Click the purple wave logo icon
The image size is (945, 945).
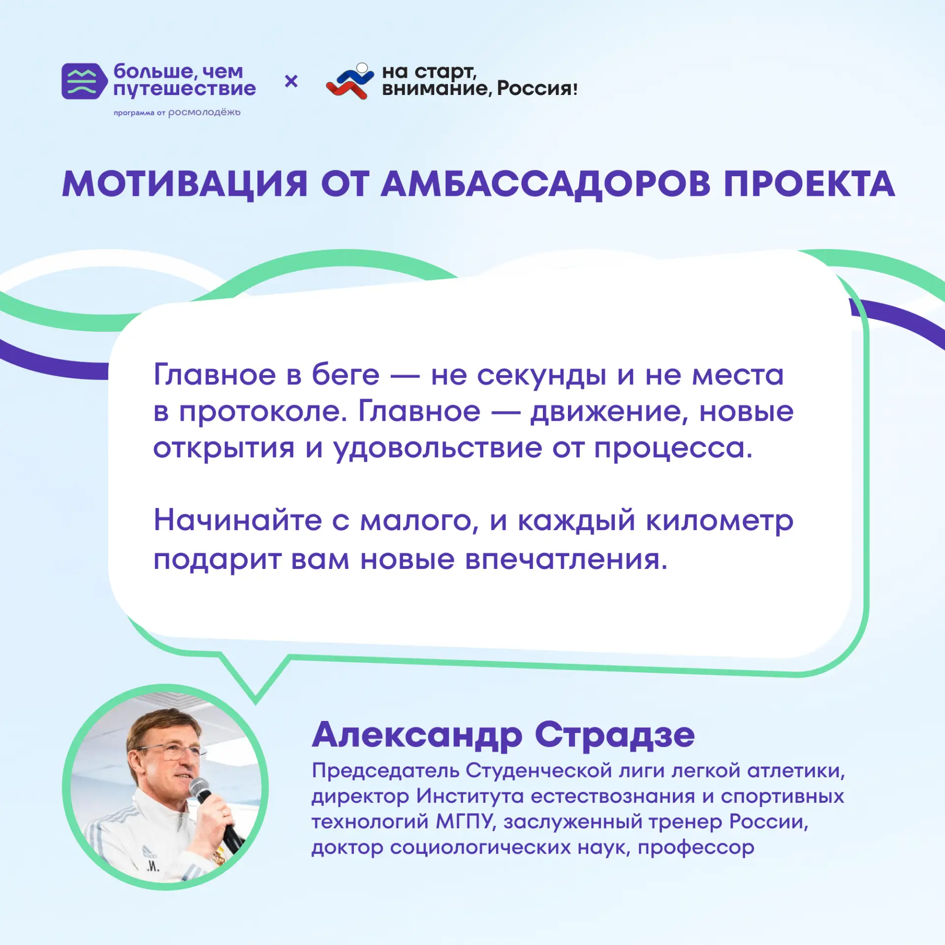coord(84,81)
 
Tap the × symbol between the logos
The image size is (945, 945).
coord(291,81)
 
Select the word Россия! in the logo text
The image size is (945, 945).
coord(537,89)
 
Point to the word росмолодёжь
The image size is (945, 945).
coord(204,113)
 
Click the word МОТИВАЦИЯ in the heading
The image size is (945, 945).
coord(185,184)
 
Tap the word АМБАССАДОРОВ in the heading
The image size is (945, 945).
coord(546,185)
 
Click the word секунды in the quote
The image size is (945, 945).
coord(541,376)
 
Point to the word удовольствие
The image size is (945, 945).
coord(438,449)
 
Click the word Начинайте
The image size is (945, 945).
coord(237,520)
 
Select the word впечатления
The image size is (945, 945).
coord(566,560)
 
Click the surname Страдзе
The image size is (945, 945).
coord(615,735)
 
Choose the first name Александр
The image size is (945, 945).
coord(417,735)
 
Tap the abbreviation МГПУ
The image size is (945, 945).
coord(464,821)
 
